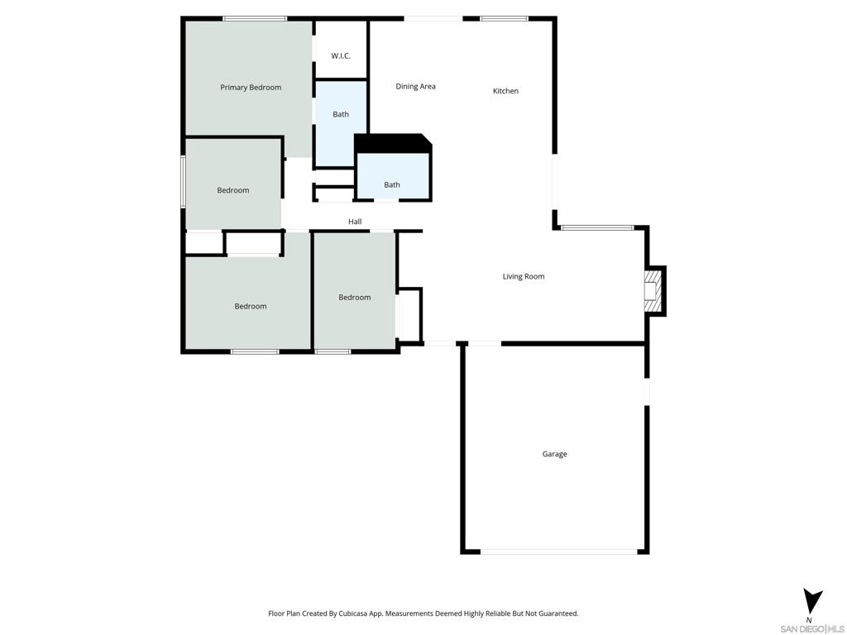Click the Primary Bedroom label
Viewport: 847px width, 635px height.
point(251,88)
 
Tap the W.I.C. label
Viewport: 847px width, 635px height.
point(341,56)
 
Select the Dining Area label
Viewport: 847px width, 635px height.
point(415,87)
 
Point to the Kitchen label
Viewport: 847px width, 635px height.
point(505,91)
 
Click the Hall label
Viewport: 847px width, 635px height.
point(355,222)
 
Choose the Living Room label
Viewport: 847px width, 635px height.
point(524,277)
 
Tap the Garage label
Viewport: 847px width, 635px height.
point(554,454)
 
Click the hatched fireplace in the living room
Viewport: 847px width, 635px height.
point(653,291)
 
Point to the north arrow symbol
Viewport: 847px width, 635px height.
point(813,600)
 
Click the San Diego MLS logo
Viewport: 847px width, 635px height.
point(813,628)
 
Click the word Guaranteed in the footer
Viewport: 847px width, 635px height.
point(557,614)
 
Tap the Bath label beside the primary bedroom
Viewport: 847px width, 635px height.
point(341,114)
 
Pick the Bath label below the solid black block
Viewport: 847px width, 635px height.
point(392,184)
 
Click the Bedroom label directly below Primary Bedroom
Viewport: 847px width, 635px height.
point(233,190)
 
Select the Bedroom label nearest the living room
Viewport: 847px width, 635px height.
point(355,298)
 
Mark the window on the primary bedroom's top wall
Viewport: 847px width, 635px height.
point(255,18)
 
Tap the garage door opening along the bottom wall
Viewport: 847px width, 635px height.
point(559,551)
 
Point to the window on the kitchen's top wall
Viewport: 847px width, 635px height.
point(505,18)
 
